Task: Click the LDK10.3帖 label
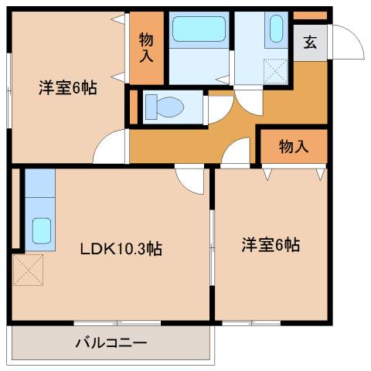click(x=121, y=250)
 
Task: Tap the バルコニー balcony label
click(x=111, y=342)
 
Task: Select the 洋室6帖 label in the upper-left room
click(x=68, y=89)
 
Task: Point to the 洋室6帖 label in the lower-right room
click(x=271, y=246)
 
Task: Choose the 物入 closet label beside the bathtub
click(x=146, y=48)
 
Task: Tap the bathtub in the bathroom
click(x=199, y=30)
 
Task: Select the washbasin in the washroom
click(x=277, y=31)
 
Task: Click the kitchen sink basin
click(x=41, y=231)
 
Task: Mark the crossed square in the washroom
click(x=276, y=70)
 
